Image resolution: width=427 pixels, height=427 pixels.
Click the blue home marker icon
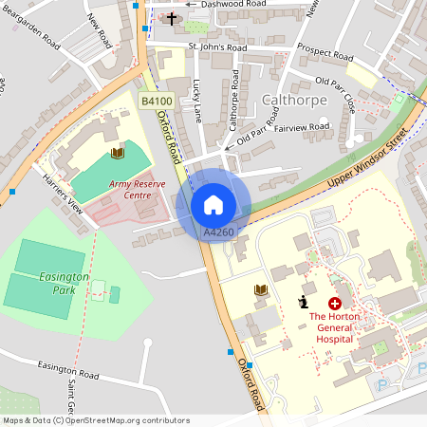point(213,205)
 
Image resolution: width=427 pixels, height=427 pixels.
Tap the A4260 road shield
point(218,232)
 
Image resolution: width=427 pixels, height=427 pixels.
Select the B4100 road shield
point(157,101)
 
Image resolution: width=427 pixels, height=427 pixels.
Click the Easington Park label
point(65,283)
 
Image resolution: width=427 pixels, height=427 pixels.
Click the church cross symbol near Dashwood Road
point(172,18)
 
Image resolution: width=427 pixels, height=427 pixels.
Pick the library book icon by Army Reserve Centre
point(118,153)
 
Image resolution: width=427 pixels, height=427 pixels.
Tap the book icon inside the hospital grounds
point(261,289)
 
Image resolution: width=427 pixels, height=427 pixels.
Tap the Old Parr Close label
point(336,96)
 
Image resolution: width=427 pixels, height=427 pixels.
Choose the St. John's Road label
point(217,46)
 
